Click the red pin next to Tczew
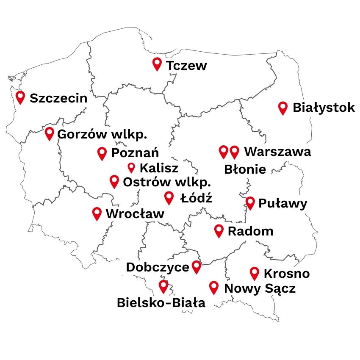(157, 64)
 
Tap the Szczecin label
(58, 98)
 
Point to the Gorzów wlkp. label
(102, 135)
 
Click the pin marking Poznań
(102, 153)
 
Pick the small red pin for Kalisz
(131, 168)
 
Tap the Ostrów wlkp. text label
(166, 183)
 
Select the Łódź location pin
(169, 197)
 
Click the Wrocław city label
(135, 214)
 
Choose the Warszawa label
(277, 152)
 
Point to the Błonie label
(245, 169)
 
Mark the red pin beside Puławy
(250, 203)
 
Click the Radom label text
(250, 231)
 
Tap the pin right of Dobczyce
(196, 267)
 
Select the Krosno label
(286, 274)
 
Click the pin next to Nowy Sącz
(214, 288)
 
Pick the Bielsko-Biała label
(161, 303)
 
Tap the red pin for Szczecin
(20, 97)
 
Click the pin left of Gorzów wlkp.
(50, 133)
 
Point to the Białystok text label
(324, 108)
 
